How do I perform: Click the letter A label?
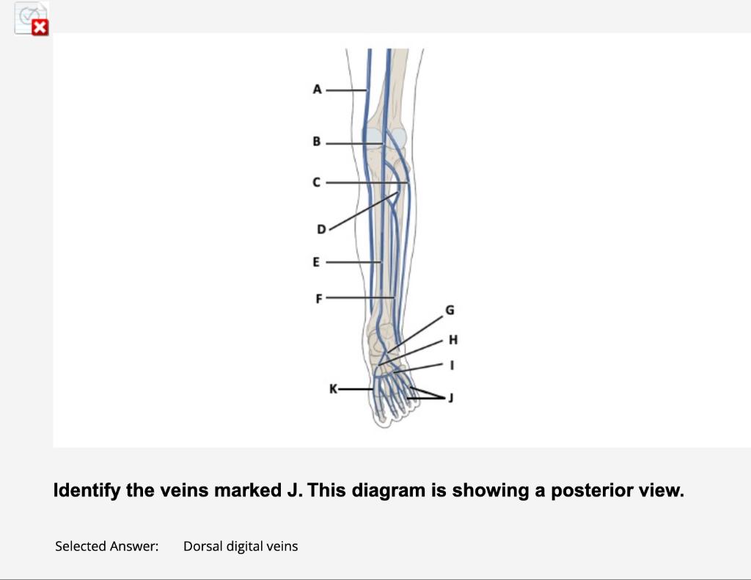point(317,90)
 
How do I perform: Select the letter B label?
point(317,142)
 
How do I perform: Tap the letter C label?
point(317,182)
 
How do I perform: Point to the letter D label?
point(320,230)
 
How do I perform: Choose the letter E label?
point(316,261)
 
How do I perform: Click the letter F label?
point(318,298)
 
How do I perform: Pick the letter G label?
point(450,311)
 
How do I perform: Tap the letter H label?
point(453,339)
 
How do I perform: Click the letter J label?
point(451,398)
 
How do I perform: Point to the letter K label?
point(334,388)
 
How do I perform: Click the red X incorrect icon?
point(41,28)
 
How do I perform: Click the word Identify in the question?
point(87,490)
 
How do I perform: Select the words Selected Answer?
point(106,546)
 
